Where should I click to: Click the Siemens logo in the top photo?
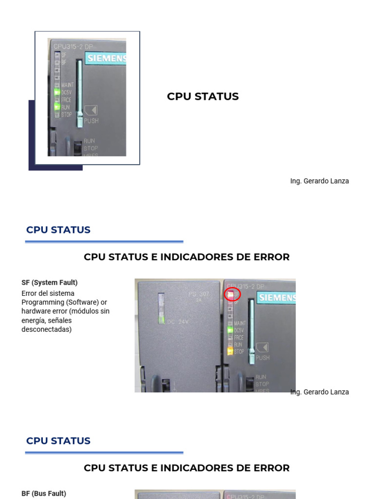pyautogui.click(x=107, y=59)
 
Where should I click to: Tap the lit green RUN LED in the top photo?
pyautogui.click(x=57, y=107)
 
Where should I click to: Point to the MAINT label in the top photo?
pyautogui.click(x=68, y=85)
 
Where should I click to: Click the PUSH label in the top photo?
pyautogui.click(x=91, y=120)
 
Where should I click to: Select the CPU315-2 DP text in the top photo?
pyautogui.click(x=73, y=46)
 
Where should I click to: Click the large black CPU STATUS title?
pyautogui.click(x=203, y=96)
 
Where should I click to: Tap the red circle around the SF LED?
pyautogui.click(x=232, y=294)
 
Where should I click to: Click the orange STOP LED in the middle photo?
pyautogui.click(x=230, y=351)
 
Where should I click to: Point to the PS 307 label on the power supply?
pyautogui.click(x=198, y=294)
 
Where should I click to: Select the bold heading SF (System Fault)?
pyautogui.click(x=50, y=283)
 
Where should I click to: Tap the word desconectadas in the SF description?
pyautogui.click(x=46, y=329)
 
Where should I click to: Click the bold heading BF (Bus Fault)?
pyautogui.click(x=44, y=494)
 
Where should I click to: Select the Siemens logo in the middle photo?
pyautogui.click(x=277, y=297)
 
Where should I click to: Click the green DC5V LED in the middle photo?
pyautogui.click(x=230, y=330)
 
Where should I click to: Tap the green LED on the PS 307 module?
pyautogui.click(x=162, y=319)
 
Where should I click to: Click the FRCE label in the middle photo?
pyautogui.click(x=239, y=337)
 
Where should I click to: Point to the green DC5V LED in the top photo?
pyautogui.click(x=57, y=92)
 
